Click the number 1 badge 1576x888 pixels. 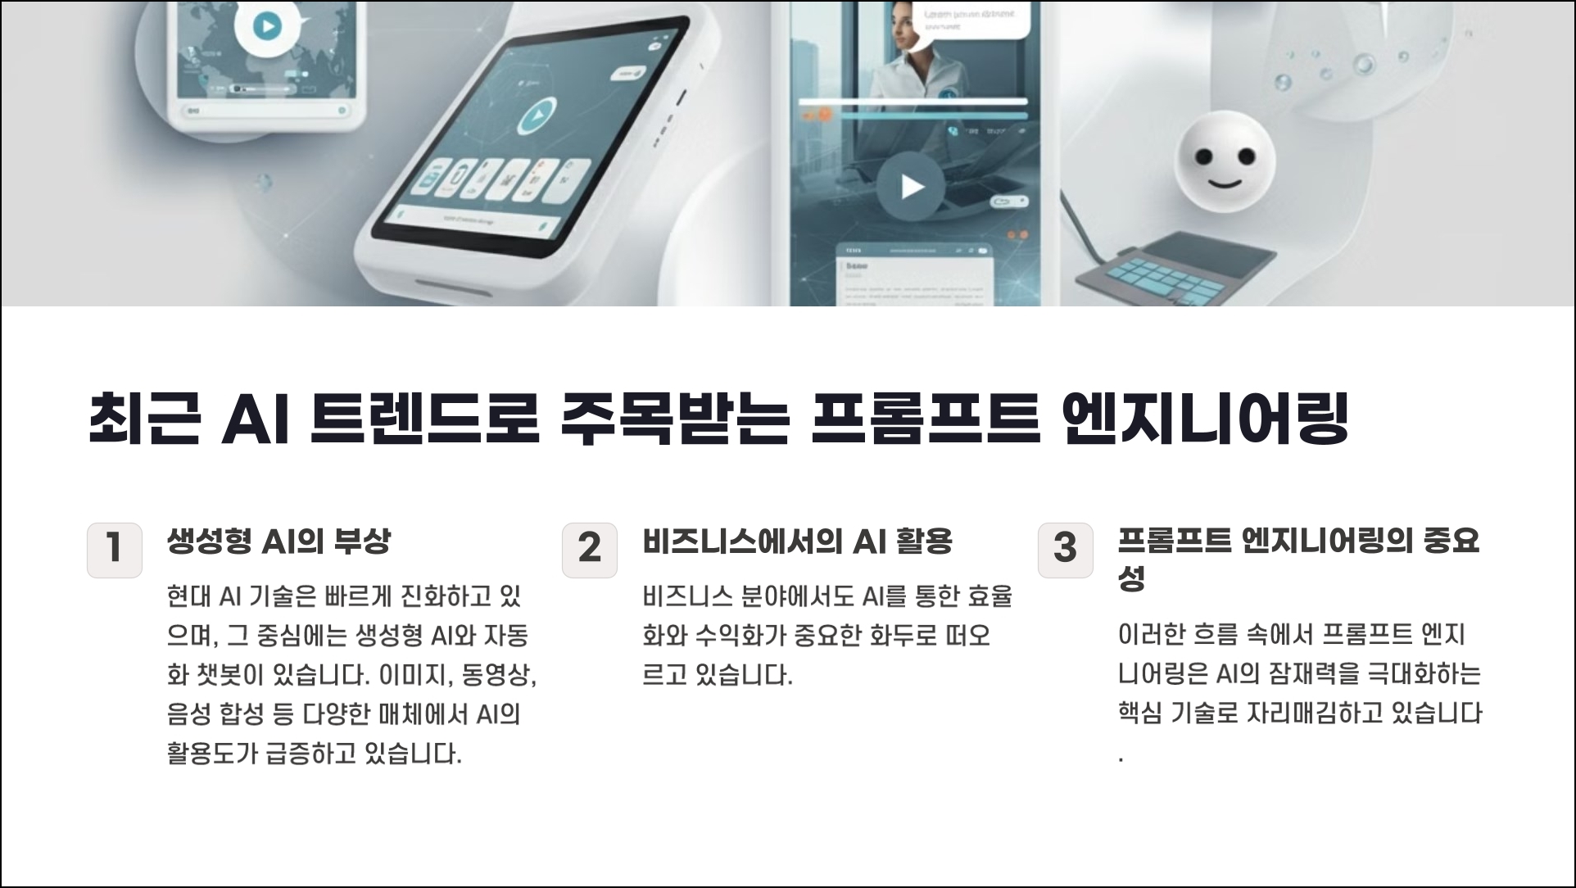click(115, 550)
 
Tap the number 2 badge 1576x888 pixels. click(590, 550)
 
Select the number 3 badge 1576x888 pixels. click(1065, 550)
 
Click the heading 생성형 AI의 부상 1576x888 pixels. click(279, 541)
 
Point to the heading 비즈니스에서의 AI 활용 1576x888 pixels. click(797, 541)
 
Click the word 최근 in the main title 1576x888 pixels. click(144, 419)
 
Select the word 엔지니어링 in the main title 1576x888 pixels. click(1204, 419)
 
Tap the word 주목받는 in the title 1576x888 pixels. click(675, 419)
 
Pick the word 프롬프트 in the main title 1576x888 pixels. click(925, 419)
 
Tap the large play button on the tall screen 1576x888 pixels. click(911, 187)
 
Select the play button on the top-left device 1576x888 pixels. click(266, 26)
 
